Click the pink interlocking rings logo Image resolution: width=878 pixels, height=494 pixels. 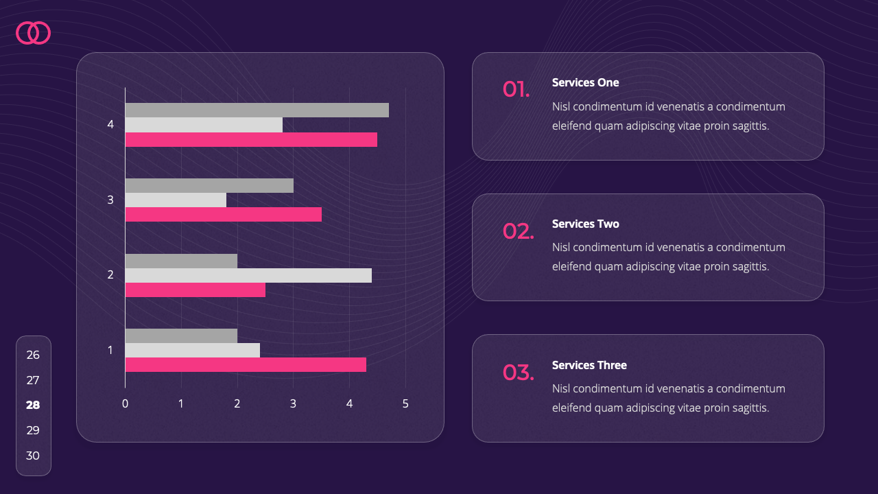[33, 33]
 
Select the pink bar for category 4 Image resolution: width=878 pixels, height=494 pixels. [251, 140]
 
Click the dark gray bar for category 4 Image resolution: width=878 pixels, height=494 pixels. [257, 110]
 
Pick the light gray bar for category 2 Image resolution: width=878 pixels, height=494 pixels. [248, 275]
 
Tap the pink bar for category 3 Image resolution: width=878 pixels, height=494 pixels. [223, 215]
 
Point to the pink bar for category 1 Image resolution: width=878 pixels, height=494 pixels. [246, 365]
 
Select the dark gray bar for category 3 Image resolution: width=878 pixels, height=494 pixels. [209, 185]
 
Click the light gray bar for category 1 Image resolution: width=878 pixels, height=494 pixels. [193, 350]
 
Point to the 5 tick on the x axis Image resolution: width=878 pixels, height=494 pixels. [405, 404]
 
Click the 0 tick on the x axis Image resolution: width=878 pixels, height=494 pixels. [125, 404]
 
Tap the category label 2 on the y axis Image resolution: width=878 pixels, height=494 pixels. [110, 275]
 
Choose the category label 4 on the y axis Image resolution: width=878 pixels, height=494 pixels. [110, 125]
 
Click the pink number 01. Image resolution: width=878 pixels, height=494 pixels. [516, 89]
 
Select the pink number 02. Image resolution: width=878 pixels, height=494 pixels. [518, 231]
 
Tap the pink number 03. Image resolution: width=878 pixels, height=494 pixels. [518, 373]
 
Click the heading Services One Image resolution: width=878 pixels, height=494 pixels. [585, 82]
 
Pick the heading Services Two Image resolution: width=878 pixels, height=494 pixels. [585, 224]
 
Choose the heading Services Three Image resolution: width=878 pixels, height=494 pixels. [589, 365]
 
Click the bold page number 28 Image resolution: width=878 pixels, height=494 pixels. [33, 405]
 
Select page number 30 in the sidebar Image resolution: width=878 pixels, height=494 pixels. [33, 456]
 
